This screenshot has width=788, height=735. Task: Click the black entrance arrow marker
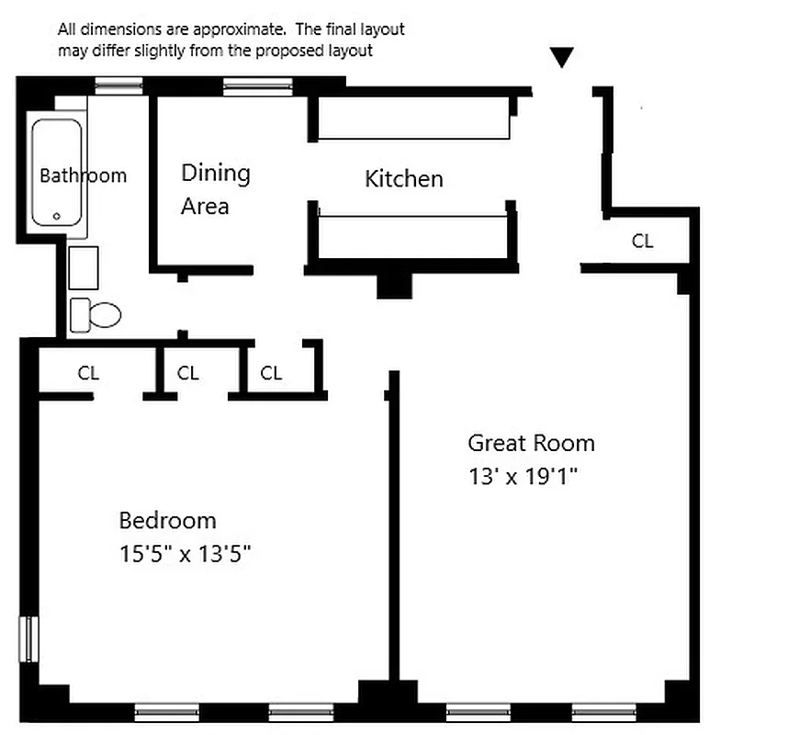(x=562, y=58)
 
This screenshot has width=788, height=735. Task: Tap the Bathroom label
(x=83, y=175)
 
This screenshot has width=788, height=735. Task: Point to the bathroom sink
(x=84, y=267)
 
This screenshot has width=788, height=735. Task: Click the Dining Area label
(x=215, y=188)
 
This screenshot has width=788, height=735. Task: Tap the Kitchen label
(x=404, y=178)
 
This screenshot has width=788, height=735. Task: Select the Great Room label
(x=531, y=443)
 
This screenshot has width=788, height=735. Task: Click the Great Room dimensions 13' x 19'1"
(x=526, y=477)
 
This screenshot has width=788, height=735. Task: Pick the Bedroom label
(x=168, y=521)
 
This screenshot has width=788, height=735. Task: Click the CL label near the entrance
(x=643, y=241)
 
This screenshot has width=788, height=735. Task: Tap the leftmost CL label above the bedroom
(x=88, y=373)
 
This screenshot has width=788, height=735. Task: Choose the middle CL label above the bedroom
(x=187, y=373)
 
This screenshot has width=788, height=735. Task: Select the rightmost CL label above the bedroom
(x=271, y=373)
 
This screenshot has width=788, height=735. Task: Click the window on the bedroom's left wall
(x=29, y=639)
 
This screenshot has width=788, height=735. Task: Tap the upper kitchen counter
(x=413, y=120)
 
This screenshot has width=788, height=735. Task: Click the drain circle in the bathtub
(x=57, y=217)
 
